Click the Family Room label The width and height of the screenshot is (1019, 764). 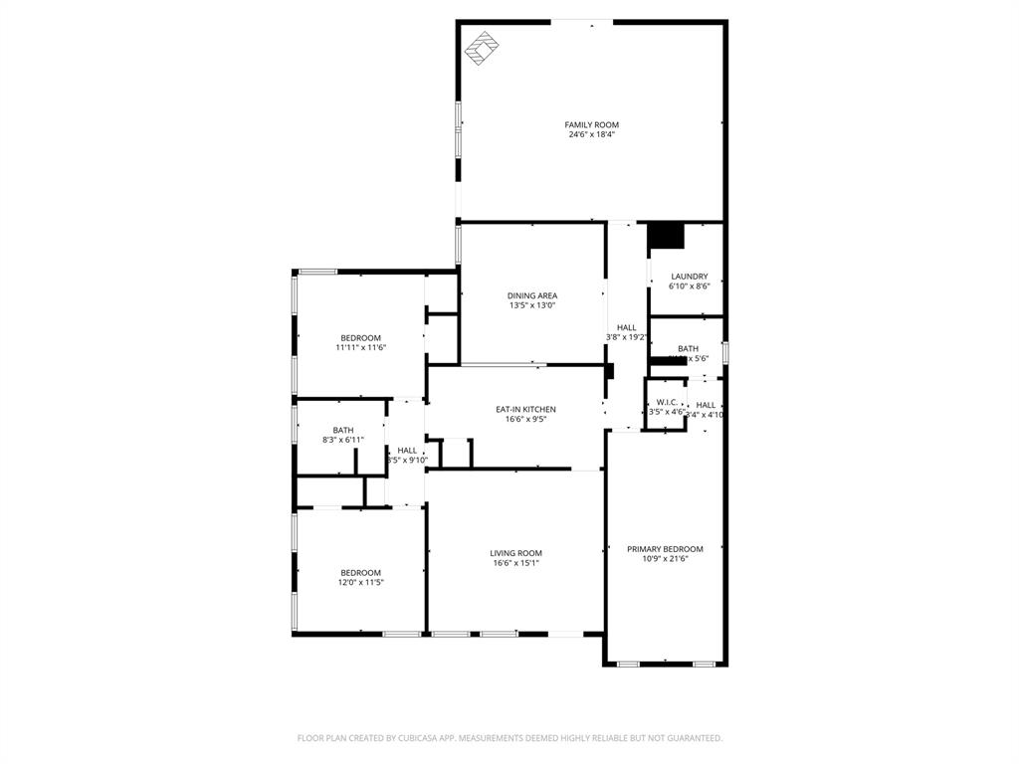click(591, 125)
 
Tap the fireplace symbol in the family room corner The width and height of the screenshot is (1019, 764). click(484, 48)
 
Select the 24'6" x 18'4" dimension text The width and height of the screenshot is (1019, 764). click(591, 134)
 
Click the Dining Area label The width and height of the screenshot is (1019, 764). click(532, 295)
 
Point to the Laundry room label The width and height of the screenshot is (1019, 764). click(689, 277)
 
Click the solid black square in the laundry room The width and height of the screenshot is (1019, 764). click(666, 236)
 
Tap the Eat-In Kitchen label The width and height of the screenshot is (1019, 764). click(525, 409)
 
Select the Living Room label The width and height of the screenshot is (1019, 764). click(515, 553)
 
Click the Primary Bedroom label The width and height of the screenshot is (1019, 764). click(665, 549)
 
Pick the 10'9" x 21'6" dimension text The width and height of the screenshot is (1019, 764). click(665, 559)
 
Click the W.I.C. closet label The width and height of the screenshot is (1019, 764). click(666, 402)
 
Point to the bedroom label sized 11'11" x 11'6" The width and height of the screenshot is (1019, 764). click(360, 338)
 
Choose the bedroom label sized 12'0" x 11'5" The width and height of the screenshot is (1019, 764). click(360, 572)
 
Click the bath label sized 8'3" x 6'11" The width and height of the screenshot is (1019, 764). click(342, 430)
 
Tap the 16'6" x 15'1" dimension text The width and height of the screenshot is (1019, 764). click(515, 563)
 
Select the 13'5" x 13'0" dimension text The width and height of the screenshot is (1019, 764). click(532, 305)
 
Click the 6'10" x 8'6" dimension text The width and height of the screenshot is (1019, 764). click(689, 286)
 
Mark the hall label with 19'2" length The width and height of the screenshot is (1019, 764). click(626, 327)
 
